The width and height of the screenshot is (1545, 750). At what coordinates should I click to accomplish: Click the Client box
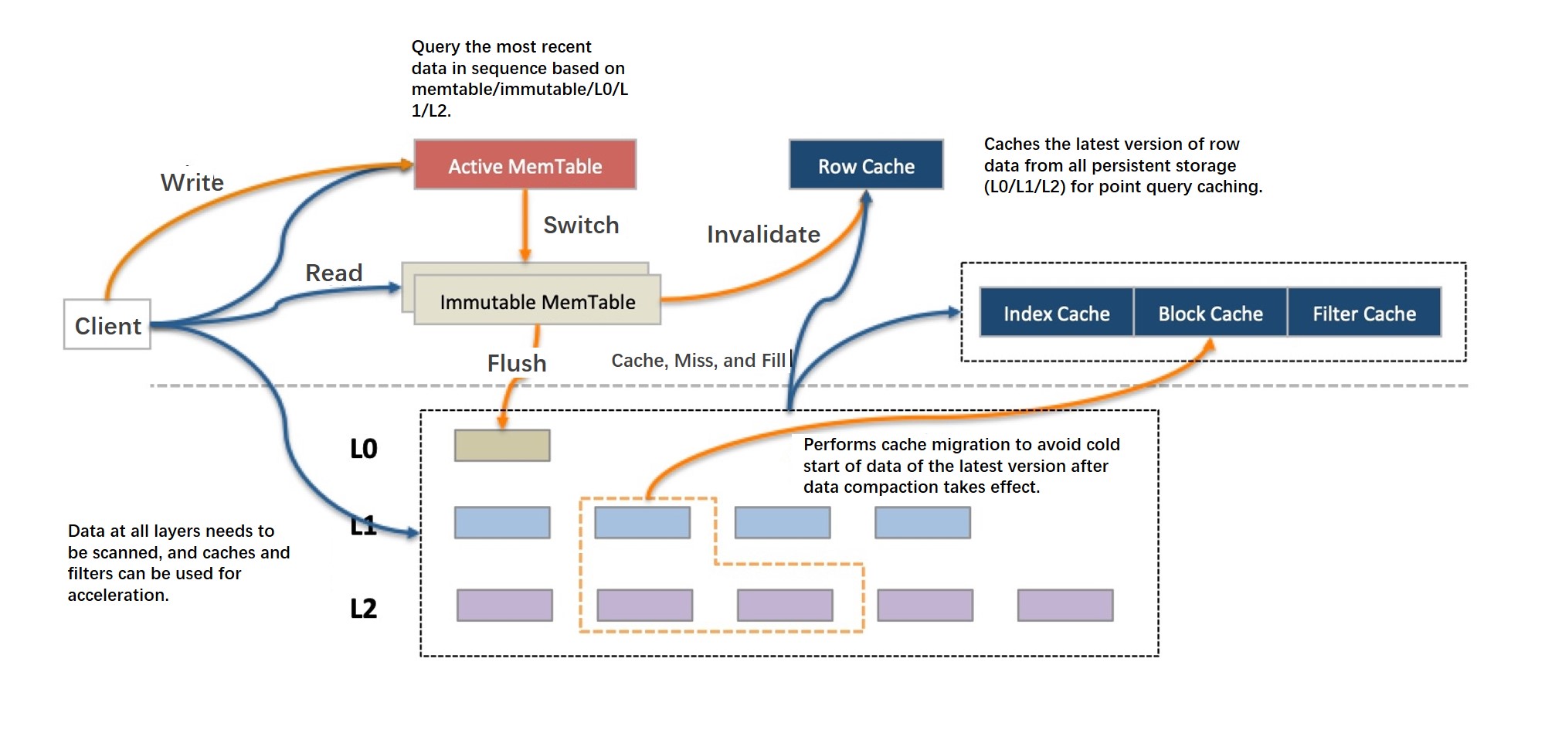[x=107, y=324]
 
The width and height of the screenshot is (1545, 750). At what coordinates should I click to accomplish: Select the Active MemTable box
[x=525, y=165]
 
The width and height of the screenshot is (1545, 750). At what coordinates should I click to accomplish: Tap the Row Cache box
[x=866, y=165]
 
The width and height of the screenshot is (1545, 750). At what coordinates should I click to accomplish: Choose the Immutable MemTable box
[x=538, y=301]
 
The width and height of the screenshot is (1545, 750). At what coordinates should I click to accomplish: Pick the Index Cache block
[x=1056, y=313]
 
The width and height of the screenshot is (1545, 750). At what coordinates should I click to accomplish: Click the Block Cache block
[x=1210, y=313]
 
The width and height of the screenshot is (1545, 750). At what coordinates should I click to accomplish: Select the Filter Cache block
[x=1364, y=313]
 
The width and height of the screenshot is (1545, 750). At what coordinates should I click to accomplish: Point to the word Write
[x=192, y=182]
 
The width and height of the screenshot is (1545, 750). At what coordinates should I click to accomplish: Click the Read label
[x=334, y=273]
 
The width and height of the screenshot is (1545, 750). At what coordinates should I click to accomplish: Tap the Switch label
[x=581, y=225]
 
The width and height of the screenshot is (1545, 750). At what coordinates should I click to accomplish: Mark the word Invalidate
[x=763, y=234]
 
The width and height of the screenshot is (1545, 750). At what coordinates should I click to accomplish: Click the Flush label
[x=517, y=363]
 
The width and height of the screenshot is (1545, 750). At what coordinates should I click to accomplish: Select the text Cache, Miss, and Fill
[x=698, y=361]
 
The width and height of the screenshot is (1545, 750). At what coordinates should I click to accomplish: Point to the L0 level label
[x=364, y=449]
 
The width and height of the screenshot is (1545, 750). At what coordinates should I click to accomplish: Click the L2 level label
[x=364, y=608]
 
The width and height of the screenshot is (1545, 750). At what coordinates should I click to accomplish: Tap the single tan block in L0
[x=502, y=446]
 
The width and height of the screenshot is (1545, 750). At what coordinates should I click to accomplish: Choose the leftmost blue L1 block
[x=502, y=523]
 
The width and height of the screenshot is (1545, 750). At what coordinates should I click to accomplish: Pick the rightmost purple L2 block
[x=1065, y=606]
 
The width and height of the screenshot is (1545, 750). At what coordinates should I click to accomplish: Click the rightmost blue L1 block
[x=922, y=523]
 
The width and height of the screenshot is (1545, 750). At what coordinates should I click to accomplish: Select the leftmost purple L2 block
[x=504, y=606]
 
